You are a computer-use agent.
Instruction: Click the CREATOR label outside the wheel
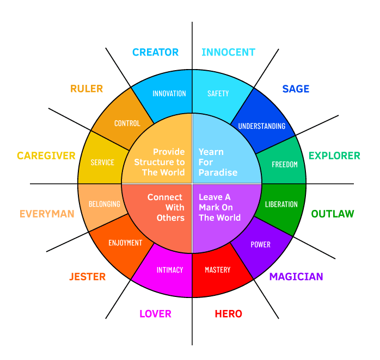pos(155,52)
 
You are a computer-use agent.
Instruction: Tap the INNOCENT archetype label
pos(228,52)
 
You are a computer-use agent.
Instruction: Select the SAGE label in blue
pos(296,89)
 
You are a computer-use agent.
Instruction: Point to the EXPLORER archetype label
pos(334,156)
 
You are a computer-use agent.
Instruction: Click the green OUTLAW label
pos(333,214)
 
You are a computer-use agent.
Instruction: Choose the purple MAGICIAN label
pos(296,276)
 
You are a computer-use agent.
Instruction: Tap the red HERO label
pos(228,314)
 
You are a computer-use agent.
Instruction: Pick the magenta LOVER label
pos(155,314)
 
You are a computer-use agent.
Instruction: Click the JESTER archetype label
pos(87,277)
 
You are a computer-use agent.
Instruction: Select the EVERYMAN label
pos(47,214)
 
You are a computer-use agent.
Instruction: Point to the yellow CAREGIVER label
pos(46,156)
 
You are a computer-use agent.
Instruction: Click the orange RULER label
pos(87,89)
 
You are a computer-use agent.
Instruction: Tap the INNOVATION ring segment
pos(169,93)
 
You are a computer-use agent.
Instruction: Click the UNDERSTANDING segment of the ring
pos(261,126)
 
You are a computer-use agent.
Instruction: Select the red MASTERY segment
pos(217,270)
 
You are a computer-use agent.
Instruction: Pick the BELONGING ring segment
pos(105,204)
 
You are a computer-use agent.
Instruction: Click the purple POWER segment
pos(260,244)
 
